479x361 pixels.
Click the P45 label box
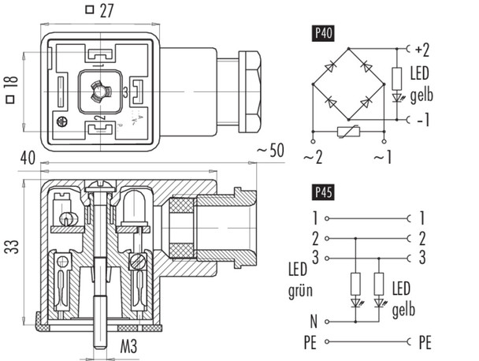point(322,192)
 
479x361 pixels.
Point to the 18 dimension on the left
point(9,84)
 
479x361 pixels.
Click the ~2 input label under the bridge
point(314,157)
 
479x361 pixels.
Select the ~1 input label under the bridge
point(384,157)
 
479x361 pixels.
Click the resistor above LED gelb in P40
point(395,78)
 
